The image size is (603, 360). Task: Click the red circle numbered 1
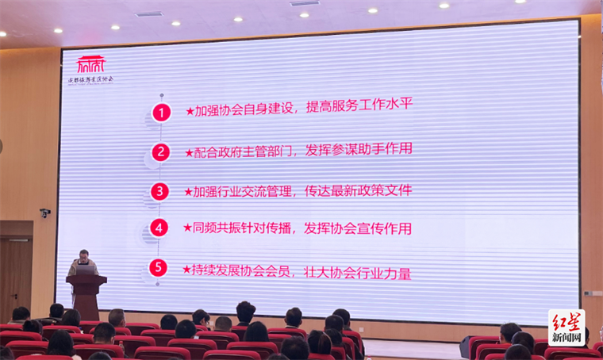tap(162, 112)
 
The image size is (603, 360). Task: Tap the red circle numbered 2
tap(162, 151)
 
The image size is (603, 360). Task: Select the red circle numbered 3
tap(162, 191)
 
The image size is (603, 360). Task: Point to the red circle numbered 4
tap(161, 228)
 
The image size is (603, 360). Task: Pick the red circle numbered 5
tap(161, 267)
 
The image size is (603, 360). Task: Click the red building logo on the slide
tap(90, 64)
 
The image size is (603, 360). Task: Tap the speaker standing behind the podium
tap(83, 265)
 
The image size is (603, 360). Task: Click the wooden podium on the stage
tap(86, 295)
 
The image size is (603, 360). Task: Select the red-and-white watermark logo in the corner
tap(567, 327)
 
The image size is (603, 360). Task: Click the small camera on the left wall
tap(44, 213)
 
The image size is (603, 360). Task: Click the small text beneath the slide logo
tap(90, 79)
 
